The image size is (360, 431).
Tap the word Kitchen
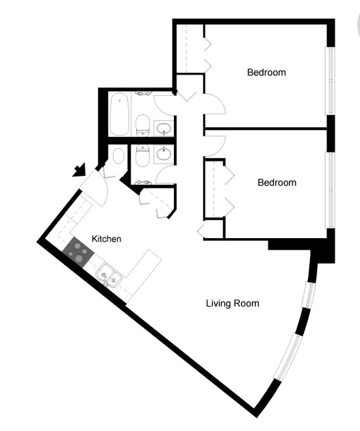point(107,239)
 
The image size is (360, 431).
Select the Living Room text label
point(233,303)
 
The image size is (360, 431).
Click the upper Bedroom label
point(266,72)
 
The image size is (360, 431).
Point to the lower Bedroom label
point(277,183)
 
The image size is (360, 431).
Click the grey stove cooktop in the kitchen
point(78,254)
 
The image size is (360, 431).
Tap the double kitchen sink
point(109,277)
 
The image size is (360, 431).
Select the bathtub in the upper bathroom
point(119,115)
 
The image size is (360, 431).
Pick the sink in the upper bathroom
point(164,128)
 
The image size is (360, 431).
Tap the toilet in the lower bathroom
point(142,157)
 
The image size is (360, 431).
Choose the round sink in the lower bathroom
point(164,154)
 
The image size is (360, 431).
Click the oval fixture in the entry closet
point(118,156)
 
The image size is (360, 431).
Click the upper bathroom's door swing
point(165,105)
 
